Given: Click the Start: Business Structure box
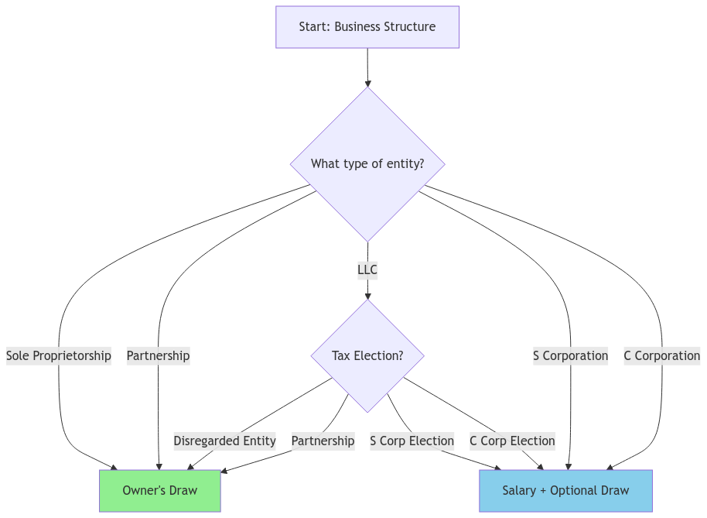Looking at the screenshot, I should [367, 27].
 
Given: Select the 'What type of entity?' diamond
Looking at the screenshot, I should [367, 164].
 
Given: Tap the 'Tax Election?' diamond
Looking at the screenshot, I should [367, 356].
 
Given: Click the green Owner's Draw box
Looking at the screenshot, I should [160, 491].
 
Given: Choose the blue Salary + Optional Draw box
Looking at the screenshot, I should [565, 491].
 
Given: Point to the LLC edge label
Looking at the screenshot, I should [367, 270].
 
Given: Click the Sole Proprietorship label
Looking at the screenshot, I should [59, 356].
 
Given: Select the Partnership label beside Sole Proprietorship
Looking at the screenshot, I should [158, 356].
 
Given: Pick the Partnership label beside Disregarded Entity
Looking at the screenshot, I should [323, 441].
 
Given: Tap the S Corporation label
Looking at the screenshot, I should [570, 356].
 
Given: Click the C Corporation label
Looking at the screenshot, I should [662, 356].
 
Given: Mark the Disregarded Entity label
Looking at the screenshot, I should [224, 441].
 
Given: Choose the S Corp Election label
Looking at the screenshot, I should [412, 441].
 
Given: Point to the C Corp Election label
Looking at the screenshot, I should [512, 441].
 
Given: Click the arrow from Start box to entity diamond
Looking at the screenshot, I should [367, 67].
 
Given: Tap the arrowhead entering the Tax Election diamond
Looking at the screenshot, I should [367, 295].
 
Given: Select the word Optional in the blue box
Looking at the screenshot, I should [573, 491].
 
